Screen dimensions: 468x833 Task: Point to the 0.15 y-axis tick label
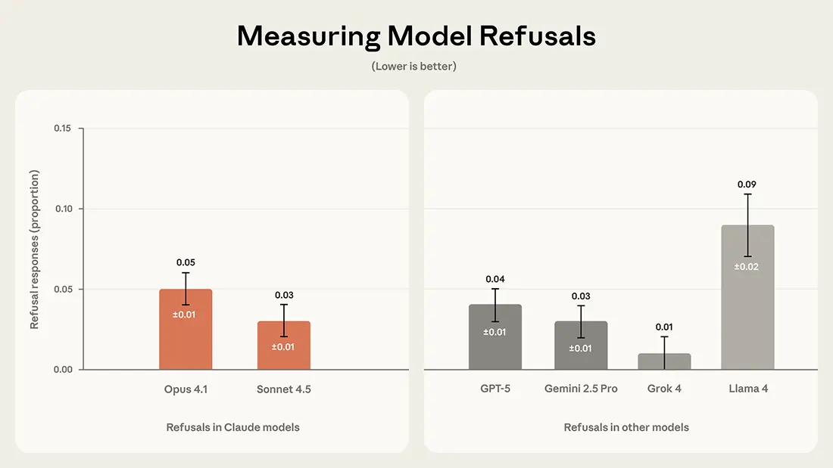pyautogui.click(x=62, y=129)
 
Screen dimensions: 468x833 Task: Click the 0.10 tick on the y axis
pyautogui.click(x=62, y=209)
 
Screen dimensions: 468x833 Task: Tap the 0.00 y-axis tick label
pyautogui.click(x=62, y=370)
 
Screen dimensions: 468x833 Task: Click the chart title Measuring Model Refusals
pyautogui.click(x=416, y=36)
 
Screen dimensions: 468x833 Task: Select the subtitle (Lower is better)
pyautogui.click(x=414, y=67)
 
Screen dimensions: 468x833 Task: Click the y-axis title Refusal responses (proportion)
pyautogui.click(x=35, y=249)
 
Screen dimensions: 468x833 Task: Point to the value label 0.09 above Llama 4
pyautogui.click(x=747, y=184)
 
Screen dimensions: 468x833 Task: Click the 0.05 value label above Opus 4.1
pyautogui.click(x=186, y=262)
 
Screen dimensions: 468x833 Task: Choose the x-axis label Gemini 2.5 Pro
pyautogui.click(x=581, y=389)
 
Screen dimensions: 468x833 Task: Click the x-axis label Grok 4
pyautogui.click(x=664, y=389)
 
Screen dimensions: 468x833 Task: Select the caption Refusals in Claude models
pyautogui.click(x=232, y=427)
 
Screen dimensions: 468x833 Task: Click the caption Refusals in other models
pyautogui.click(x=626, y=427)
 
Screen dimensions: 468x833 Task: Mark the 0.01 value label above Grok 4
pyautogui.click(x=664, y=327)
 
